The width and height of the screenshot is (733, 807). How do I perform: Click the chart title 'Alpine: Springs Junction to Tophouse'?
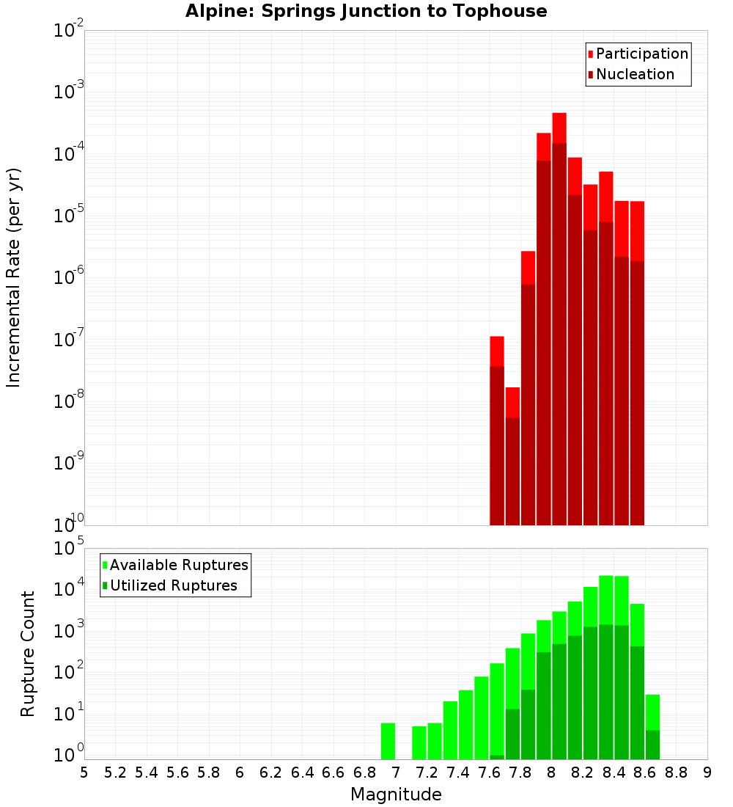click(366, 11)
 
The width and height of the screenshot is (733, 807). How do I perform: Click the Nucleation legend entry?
click(634, 74)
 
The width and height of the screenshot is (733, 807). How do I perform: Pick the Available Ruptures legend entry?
click(178, 565)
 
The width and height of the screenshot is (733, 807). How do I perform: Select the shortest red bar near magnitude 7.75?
click(512, 455)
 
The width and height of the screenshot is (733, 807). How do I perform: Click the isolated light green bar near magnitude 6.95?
click(388, 741)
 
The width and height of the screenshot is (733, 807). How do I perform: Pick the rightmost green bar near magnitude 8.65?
click(652, 726)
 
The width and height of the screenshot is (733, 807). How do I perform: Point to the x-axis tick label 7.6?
click(490, 773)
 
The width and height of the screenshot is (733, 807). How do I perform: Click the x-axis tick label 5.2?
click(115, 773)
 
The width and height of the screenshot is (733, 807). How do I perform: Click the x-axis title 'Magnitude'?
click(396, 795)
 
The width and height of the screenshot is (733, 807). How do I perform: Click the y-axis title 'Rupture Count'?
click(28, 654)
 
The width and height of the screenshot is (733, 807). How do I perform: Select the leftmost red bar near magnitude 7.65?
click(497, 433)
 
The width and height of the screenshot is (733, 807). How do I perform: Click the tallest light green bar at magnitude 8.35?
click(606, 660)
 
